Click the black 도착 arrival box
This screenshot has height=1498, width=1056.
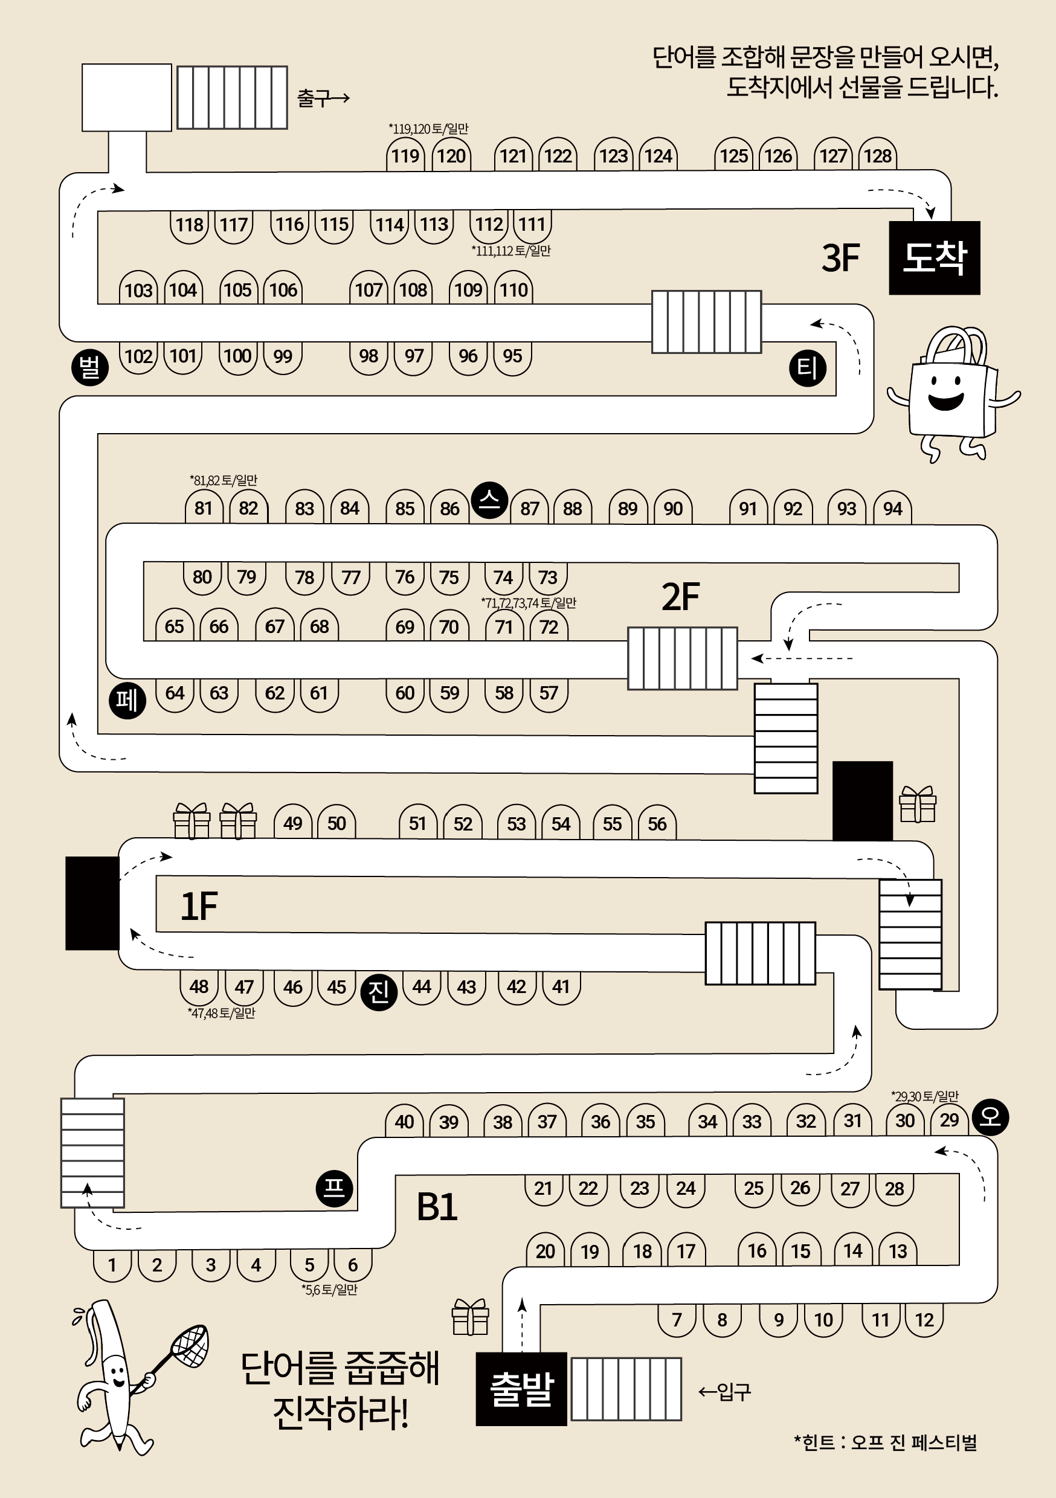pos(934,258)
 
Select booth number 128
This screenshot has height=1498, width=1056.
pos(877,155)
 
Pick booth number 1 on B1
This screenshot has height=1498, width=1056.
pos(112,1265)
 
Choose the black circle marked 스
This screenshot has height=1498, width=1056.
pos(489,500)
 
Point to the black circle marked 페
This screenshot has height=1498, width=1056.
pos(127,700)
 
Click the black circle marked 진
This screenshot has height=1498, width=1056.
pos(379,992)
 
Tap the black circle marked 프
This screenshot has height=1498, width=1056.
pos(334,1188)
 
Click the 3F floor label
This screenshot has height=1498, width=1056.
pos(840,258)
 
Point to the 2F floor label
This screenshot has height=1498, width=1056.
pos(681,596)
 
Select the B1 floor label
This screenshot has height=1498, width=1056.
pos(437,1206)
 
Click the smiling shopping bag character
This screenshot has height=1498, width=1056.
pos(953,394)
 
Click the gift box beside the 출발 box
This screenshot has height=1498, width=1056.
pos(470,1317)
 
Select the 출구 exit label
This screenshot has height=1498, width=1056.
pos(323,98)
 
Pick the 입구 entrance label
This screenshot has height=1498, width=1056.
pos(724,1392)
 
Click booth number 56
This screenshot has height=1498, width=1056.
pos(657,823)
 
